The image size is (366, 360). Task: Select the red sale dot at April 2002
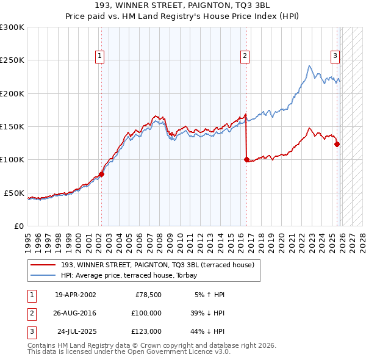point(101,174)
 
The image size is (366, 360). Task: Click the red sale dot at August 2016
point(246,160)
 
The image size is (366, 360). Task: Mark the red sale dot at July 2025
point(337,145)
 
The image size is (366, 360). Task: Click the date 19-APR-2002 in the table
point(75,295)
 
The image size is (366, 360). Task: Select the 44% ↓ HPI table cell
point(207,331)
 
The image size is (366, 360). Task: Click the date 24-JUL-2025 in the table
point(76,331)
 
